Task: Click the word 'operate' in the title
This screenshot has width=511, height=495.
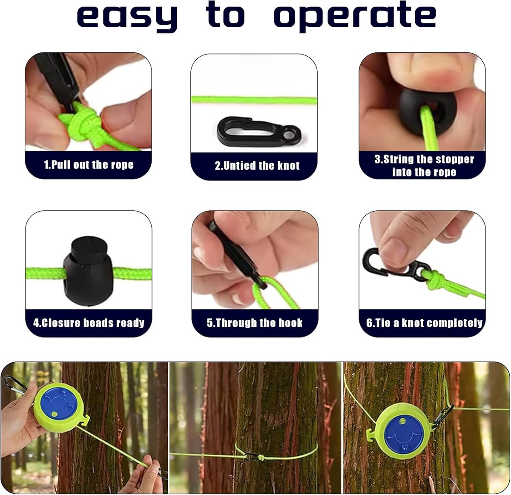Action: (355, 16)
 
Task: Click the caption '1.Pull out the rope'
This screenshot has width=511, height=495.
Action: (89, 165)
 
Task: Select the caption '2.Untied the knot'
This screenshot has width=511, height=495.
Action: (257, 166)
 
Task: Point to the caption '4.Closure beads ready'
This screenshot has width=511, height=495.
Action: (89, 323)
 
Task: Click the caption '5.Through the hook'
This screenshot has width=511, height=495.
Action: (255, 323)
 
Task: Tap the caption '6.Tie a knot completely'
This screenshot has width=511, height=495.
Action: (424, 323)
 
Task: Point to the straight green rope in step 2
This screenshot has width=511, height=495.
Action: (254, 100)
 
